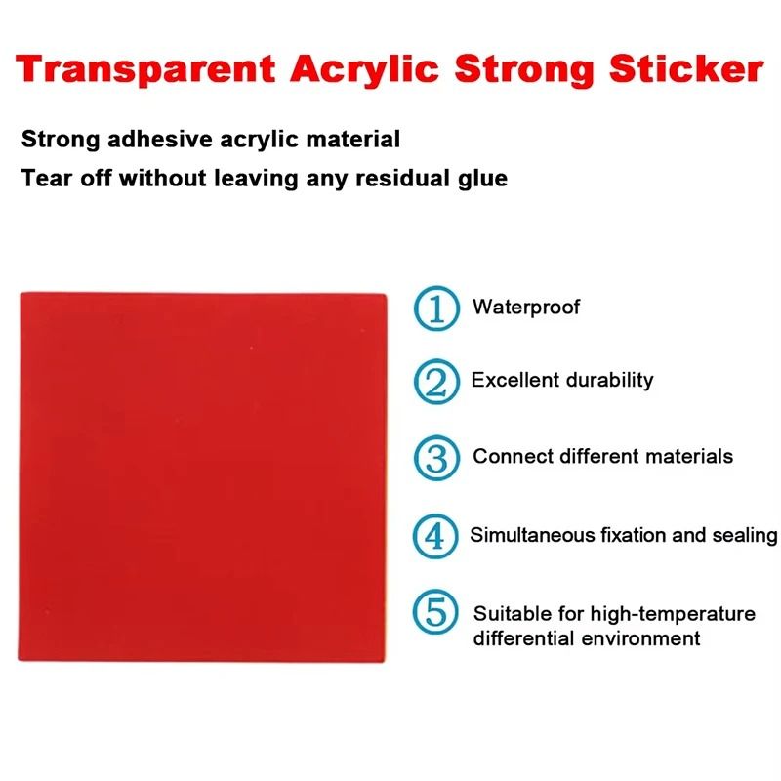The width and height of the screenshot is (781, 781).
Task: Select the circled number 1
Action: (x=435, y=308)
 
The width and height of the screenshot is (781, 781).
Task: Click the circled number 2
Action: (x=435, y=382)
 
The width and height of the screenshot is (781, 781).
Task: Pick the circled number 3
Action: (x=435, y=458)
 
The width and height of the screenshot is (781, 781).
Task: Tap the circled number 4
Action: (x=435, y=536)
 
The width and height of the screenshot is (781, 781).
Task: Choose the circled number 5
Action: (x=435, y=613)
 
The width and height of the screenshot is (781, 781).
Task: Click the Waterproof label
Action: (x=526, y=308)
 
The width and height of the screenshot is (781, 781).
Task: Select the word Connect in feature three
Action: (x=511, y=456)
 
